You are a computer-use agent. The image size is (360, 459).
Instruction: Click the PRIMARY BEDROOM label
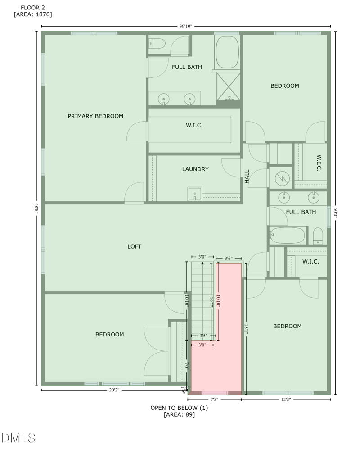coord(95,116)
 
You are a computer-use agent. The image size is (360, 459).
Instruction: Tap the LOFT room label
coord(134,246)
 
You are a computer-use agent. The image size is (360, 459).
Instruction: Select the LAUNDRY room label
coord(195,169)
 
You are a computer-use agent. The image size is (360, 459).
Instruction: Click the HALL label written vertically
coord(247,176)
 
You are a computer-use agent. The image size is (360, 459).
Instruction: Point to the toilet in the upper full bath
coord(158,43)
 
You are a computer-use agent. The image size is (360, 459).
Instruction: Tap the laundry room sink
coord(194,194)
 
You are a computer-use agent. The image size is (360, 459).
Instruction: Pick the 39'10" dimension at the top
coord(185,27)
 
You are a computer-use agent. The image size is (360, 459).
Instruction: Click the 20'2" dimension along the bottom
coord(113,391)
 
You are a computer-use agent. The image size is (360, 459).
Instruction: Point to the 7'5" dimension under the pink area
coord(214,400)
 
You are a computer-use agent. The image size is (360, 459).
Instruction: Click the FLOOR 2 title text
coord(33,8)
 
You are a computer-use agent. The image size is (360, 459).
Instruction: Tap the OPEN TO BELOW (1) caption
coord(179,408)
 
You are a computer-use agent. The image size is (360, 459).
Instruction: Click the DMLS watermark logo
coord(18,437)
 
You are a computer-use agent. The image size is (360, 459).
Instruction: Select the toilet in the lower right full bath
coord(318,235)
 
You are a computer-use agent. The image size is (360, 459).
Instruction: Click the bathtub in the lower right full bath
coord(288,235)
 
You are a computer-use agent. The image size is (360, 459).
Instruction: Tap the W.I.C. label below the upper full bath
coord(194,125)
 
